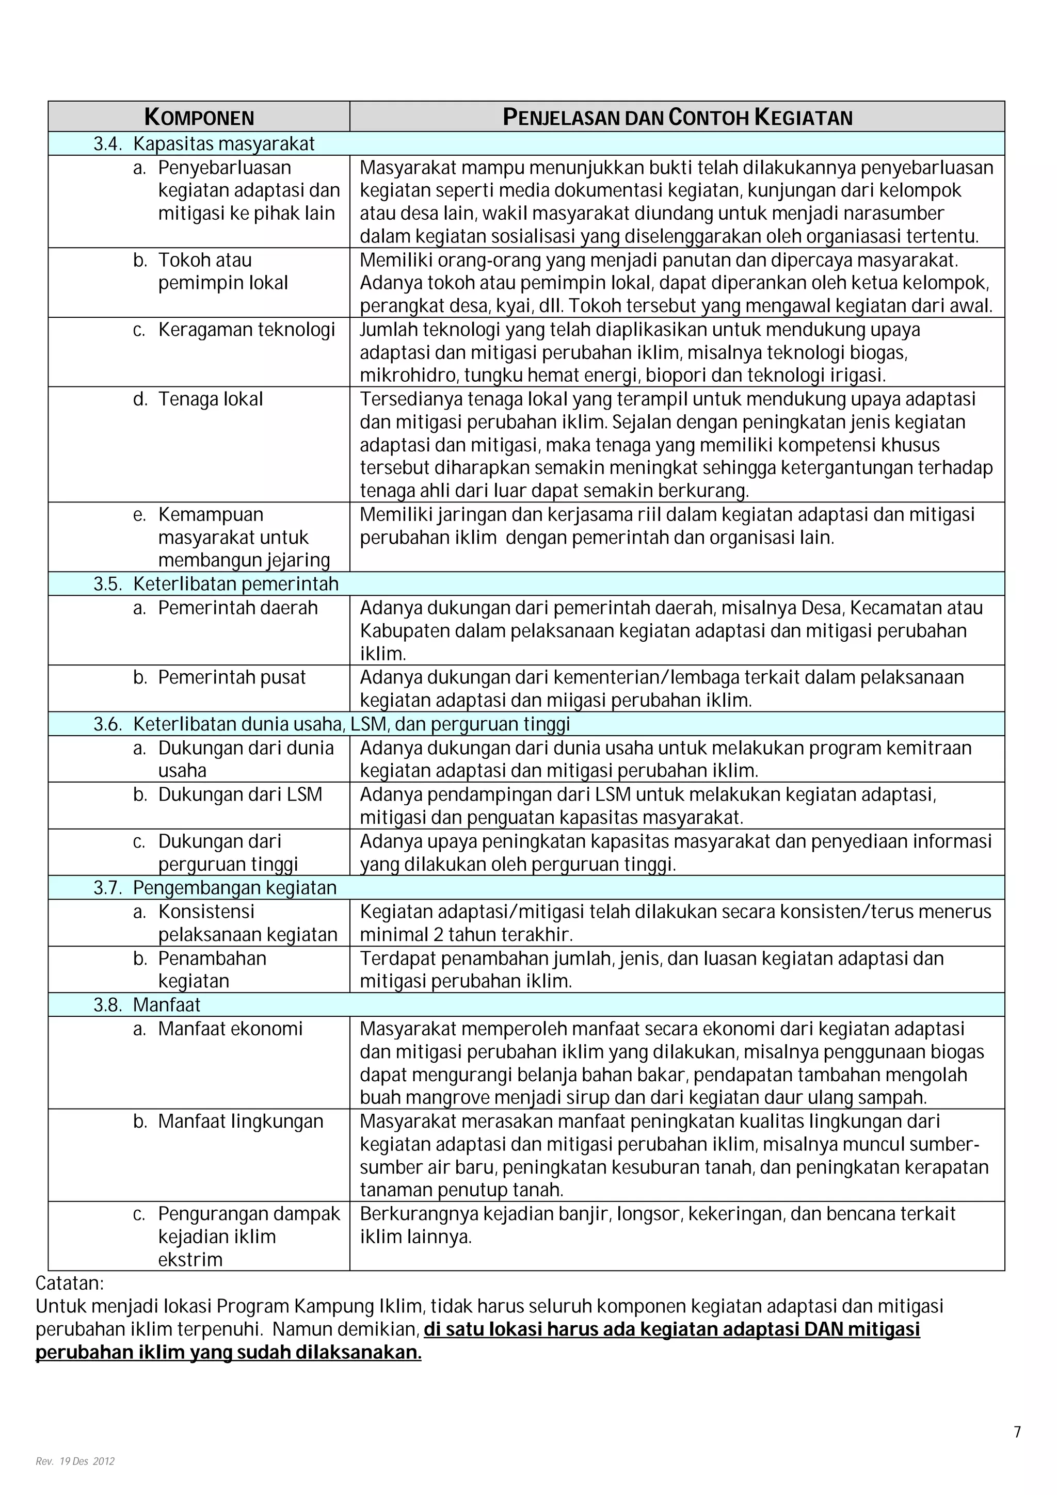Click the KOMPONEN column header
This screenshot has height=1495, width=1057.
pos(199,117)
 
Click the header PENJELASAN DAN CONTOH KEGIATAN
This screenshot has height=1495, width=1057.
pos(677,117)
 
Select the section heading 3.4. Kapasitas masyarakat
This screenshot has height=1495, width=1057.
pos(204,144)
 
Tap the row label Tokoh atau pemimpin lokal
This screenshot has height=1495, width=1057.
pos(223,271)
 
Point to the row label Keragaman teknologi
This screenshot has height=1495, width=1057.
pos(246,330)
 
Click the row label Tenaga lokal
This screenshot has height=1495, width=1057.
pos(211,399)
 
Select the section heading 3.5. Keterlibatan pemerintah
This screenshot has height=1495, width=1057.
pos(216,584)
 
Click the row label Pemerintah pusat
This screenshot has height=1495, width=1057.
pos(231,677)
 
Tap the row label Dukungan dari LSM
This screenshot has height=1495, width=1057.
pos(239,794)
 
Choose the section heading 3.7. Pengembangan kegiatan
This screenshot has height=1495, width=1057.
pos(215,888)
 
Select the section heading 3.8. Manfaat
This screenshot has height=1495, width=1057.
pos(147,1005)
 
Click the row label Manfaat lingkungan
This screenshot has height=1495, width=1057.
pos(241,1122)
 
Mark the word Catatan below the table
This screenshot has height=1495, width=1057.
pos(69,1283)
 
